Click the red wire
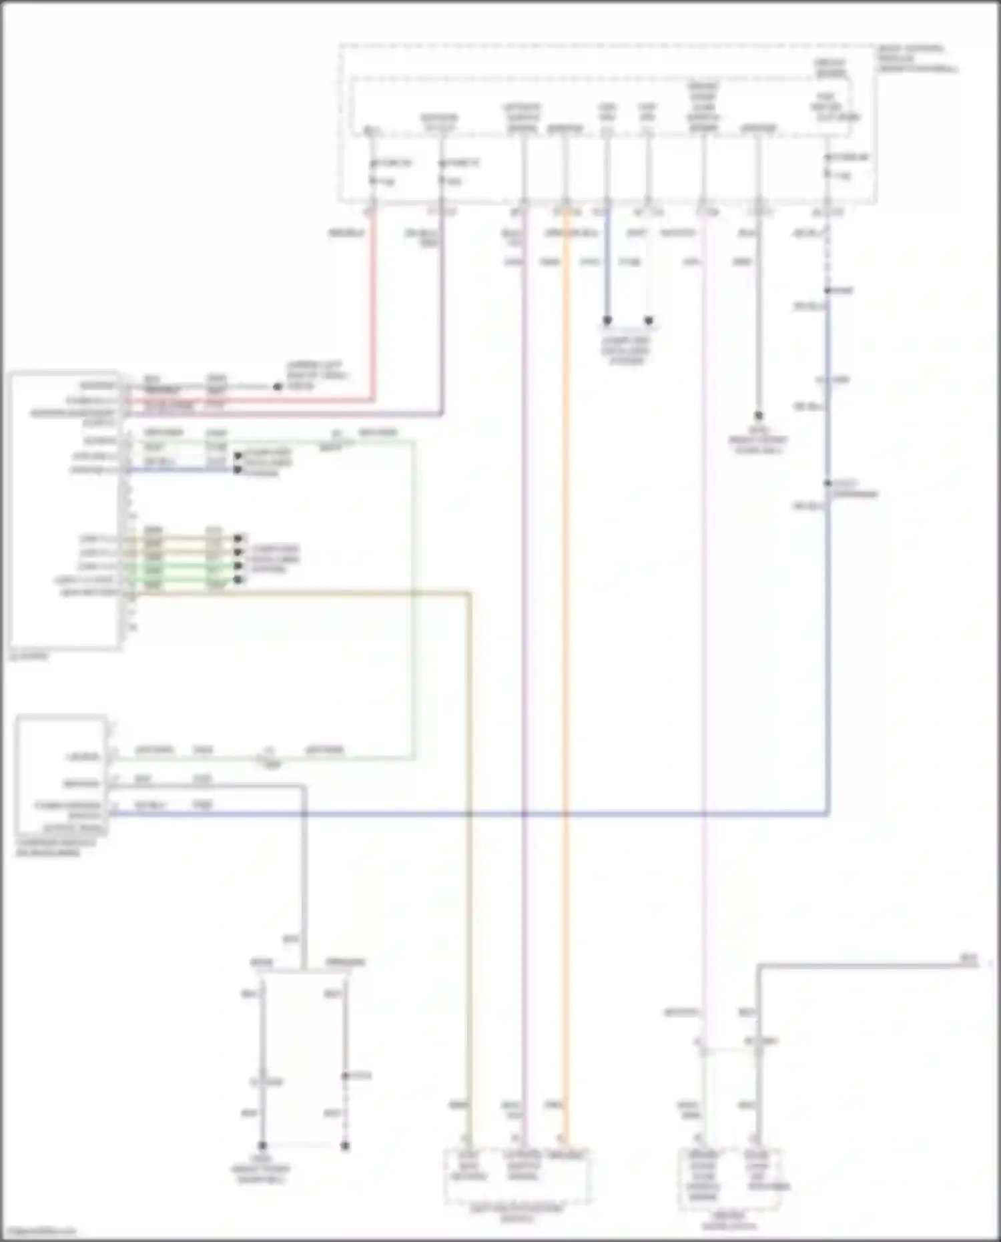click(373, 300)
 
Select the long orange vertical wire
click(565, 667)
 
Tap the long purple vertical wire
click(524, 667)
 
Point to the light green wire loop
click(414, 601)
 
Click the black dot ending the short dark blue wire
click(607, 320)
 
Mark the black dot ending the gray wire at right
click(758, 416)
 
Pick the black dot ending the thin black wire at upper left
click(278, 386)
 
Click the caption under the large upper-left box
click(29, 656)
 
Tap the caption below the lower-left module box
click(56, 848)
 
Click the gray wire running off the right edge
click(868, 965)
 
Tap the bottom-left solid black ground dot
click(262, 1145)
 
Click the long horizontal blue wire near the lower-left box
click(467, 814)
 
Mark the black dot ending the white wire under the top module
click(649, 320)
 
